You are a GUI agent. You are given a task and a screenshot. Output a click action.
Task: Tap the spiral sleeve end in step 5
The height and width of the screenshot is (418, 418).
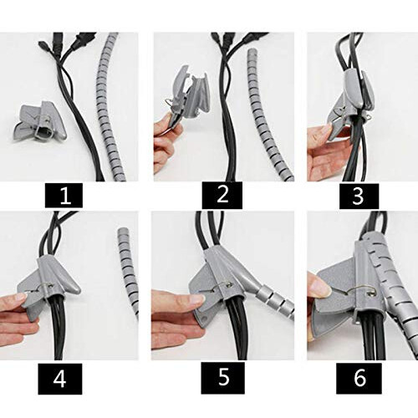point(268,297)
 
